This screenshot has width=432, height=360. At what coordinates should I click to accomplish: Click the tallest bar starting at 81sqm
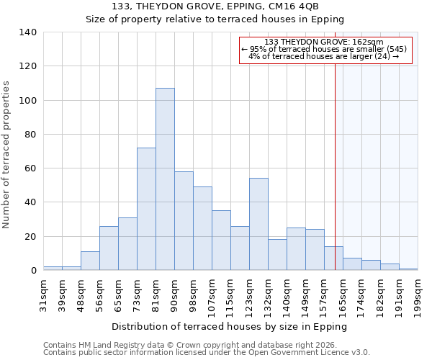165,179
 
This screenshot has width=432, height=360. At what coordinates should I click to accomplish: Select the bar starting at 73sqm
146,209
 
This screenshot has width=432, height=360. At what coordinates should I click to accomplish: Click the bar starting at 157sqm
333,258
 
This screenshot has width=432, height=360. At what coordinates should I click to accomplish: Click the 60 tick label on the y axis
30,168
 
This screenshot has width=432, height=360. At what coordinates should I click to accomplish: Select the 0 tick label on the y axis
33,271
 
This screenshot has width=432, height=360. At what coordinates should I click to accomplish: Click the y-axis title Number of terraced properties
7,155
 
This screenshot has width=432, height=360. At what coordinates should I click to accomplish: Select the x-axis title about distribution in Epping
230,326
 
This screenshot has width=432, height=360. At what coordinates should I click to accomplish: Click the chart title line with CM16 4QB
215,7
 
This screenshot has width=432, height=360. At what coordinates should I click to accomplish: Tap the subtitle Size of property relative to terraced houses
215,19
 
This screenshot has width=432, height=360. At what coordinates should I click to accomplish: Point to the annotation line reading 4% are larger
324,56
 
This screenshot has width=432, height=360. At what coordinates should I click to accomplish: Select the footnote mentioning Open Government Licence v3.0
207,353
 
